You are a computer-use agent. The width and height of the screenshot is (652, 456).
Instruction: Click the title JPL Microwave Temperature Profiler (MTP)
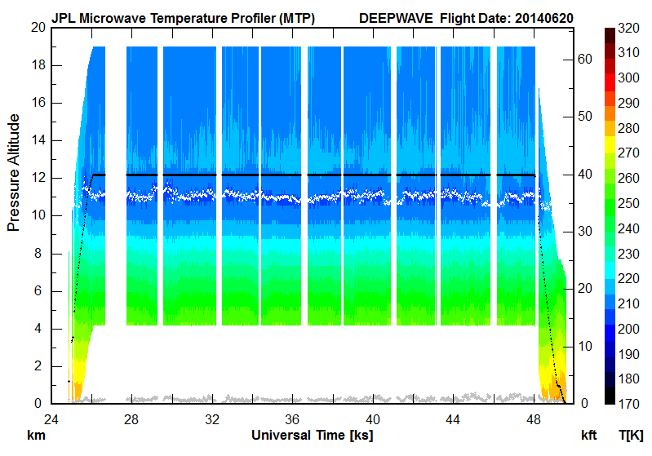point(183,17)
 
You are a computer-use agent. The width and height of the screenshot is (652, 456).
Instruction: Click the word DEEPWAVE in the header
point(396,17)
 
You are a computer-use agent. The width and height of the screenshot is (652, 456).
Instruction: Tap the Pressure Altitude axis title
point(14,172)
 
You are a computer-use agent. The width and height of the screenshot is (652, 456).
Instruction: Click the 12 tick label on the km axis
point(36,178)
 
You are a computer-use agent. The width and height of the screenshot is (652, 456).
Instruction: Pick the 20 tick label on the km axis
point(36,27)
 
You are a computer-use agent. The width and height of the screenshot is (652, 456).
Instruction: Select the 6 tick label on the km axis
point(39,290)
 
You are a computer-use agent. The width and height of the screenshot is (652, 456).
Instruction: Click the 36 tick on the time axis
point(292,419)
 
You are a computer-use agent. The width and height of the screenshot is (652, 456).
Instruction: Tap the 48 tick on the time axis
point(533,419)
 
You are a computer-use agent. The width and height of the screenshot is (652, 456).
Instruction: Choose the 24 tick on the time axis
point(51,419)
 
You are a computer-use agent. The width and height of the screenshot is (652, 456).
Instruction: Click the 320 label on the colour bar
point(628,27)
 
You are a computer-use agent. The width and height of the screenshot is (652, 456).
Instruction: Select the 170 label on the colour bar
point(628,404)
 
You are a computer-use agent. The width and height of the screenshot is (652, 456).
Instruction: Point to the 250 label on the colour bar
point(628,203)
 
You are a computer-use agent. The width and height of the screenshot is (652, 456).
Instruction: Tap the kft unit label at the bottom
point(588,435)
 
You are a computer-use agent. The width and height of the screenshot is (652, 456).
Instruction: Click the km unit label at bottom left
point(36,435)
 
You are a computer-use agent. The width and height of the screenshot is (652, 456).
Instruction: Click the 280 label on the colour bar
point(628,127)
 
